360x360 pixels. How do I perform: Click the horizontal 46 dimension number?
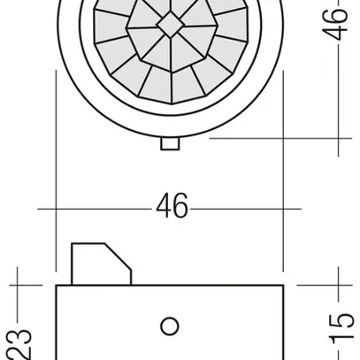point(172,207)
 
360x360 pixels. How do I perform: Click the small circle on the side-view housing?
point(169,325)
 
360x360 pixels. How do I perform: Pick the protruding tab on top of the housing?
point(97,263)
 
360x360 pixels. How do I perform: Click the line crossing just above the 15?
point(338,286)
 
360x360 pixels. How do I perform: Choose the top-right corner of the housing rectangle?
point(283,286)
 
